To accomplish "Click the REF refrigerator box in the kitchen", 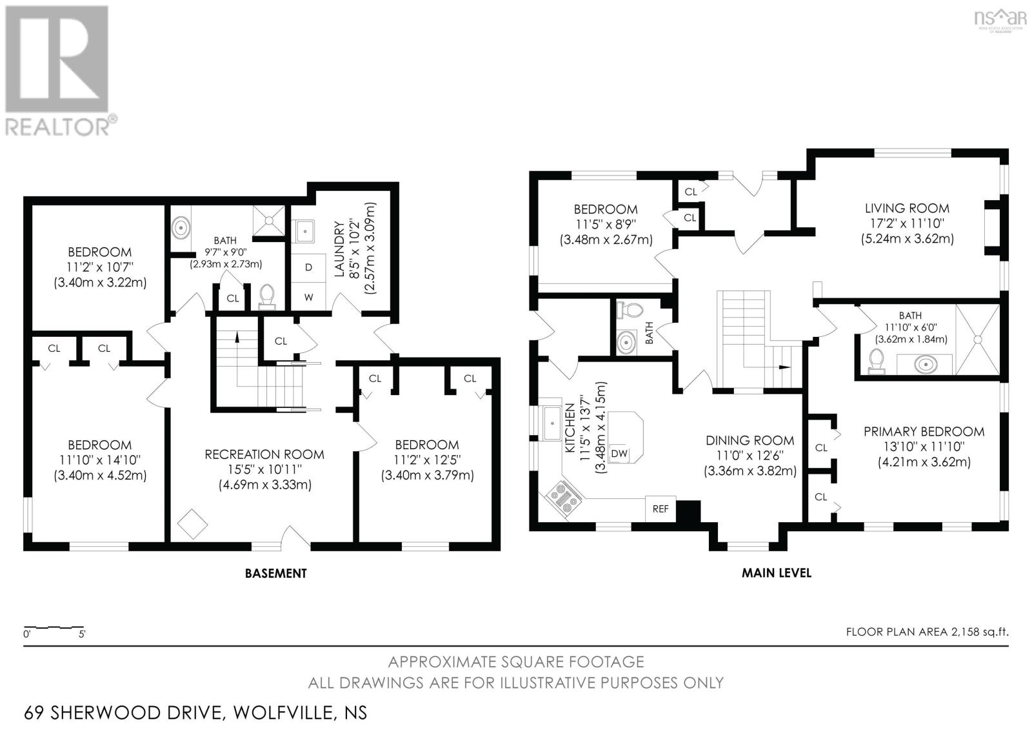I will (x=660, y=509).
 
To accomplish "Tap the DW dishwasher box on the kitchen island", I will (x=619, y=454).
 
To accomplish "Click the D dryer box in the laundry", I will (x=308, y=267).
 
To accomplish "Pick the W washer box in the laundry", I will (x=308, y=297).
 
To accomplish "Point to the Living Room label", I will (x=907, y=208).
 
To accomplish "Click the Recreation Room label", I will (x=264, y=454).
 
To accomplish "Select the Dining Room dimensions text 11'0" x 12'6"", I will (x=749, y=456).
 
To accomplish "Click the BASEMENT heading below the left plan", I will (x=275, y=573).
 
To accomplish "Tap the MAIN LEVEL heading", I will (x=776, y=573).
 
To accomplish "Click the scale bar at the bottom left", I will (x=54, y=627).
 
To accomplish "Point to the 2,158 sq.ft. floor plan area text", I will (x=979, y=632).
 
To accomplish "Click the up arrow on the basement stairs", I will (x=237, y=337).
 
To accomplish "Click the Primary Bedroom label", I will (x=924, y=432).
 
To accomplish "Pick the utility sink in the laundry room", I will (x=303, y=230).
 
